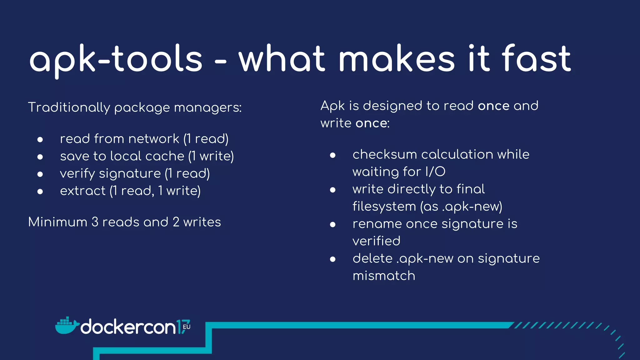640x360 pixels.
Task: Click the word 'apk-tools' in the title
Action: (116, 59)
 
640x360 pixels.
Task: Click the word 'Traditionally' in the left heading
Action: (69, 107)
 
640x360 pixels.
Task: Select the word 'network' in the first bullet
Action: (153, 139)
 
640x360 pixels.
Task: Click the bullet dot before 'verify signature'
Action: (40, 174)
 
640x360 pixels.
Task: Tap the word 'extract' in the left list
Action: (83, 191)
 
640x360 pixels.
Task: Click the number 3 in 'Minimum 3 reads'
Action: (95, 222)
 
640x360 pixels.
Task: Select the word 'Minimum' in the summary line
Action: (58, 222)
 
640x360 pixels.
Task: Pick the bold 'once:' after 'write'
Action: (372, 123)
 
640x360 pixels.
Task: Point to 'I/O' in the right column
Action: (435, 172)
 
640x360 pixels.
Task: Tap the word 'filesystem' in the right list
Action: (384, 207)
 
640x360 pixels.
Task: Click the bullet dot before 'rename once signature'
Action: (333, 224)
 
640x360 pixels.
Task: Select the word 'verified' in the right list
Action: (376, 241)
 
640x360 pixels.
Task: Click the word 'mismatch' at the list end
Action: (384, 276)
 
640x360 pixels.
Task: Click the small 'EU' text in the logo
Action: (187, 327)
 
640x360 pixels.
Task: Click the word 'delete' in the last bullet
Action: (372, 258)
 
